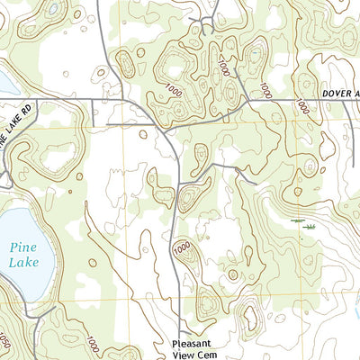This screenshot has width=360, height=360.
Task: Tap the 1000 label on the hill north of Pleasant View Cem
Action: (181, 247)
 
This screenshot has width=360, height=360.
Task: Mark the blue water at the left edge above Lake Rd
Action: (4, 83)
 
